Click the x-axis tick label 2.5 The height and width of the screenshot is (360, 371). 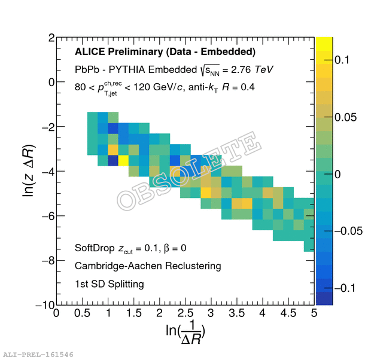185,313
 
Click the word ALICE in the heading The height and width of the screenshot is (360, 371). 89,52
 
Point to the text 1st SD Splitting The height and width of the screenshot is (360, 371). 110,283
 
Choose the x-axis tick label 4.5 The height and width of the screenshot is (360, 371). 288,313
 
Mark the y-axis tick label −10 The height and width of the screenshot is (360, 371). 44,305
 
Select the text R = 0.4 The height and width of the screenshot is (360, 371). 239,87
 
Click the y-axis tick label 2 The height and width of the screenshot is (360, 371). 51,38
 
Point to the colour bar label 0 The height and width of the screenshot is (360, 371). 337,174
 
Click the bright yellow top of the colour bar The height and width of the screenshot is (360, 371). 324,42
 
